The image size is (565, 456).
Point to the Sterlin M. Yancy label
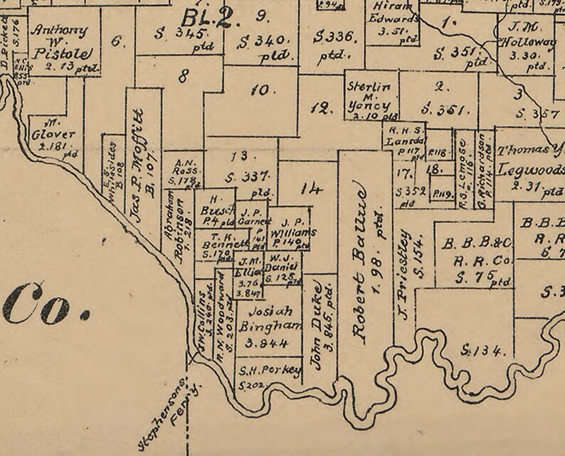369,96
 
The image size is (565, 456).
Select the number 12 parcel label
322,108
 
